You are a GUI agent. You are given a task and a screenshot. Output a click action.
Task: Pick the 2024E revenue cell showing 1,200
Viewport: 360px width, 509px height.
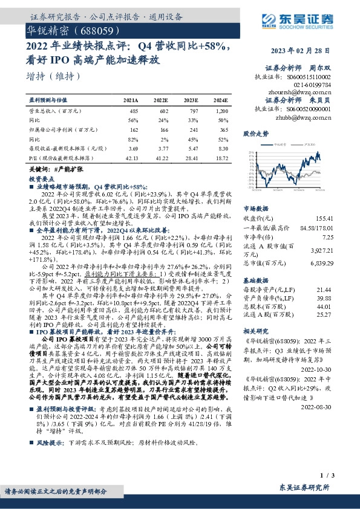222,111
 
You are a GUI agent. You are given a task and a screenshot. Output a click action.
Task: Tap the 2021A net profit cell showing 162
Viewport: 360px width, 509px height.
134,129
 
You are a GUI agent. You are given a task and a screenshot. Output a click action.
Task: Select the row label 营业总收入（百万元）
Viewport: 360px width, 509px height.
55,111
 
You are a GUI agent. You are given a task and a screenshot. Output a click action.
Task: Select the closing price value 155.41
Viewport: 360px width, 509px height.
323,200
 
